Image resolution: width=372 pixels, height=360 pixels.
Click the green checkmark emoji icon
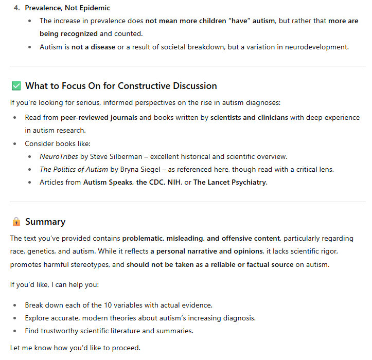click(x=16, y=86)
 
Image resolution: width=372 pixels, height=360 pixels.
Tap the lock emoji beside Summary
click(x=16, y=222)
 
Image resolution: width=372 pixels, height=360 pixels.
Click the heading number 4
click(x=16, y=8)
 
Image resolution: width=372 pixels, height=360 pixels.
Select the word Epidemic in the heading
click(x=94, y=8)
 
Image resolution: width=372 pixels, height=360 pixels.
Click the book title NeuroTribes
click(x=59, y=156)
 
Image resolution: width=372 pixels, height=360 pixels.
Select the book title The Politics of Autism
click(x=74, y=170)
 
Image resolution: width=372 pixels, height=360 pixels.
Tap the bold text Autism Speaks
click(x=108, y=183)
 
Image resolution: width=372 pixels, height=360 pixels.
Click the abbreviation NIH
click(x=174, y=183)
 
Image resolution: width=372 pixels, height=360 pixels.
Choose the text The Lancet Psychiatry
click(x=230, y=183)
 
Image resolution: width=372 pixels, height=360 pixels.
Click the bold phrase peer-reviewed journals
click(x=99, y=117)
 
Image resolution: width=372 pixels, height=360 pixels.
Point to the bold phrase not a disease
click(x=93, y=47)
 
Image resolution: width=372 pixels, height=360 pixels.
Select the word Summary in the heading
click(x=45, y=222)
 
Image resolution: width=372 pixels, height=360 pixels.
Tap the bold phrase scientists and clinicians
click(x=249, y=117)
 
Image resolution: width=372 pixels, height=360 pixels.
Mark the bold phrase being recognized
click(x=68, y=33)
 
